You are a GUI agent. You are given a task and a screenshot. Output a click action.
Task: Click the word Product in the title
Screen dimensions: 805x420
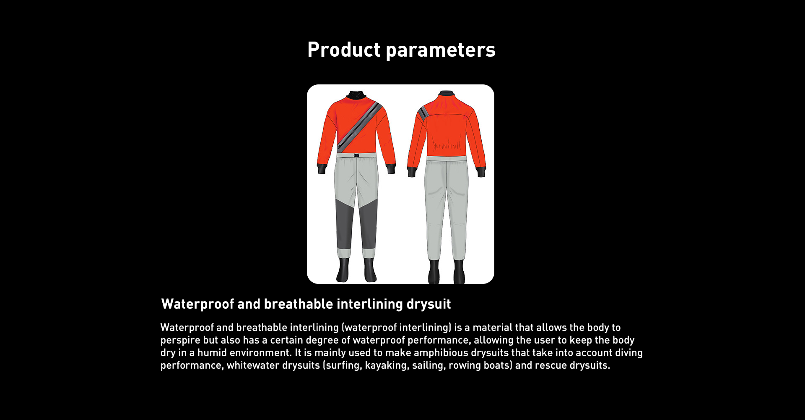[x=344, y=50]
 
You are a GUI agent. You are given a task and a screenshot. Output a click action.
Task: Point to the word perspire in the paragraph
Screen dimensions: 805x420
[x=180, y=341]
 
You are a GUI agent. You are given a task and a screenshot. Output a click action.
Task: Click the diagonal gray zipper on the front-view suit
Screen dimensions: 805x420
[x=359, y=126]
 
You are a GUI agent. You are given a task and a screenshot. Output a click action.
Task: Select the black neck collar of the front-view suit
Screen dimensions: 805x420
[x=356, y=95]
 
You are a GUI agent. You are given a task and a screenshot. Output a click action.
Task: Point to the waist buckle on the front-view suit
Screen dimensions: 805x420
[x=356, y=155]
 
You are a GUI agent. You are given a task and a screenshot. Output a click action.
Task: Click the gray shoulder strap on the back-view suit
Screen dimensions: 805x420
[x=423, y=112]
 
